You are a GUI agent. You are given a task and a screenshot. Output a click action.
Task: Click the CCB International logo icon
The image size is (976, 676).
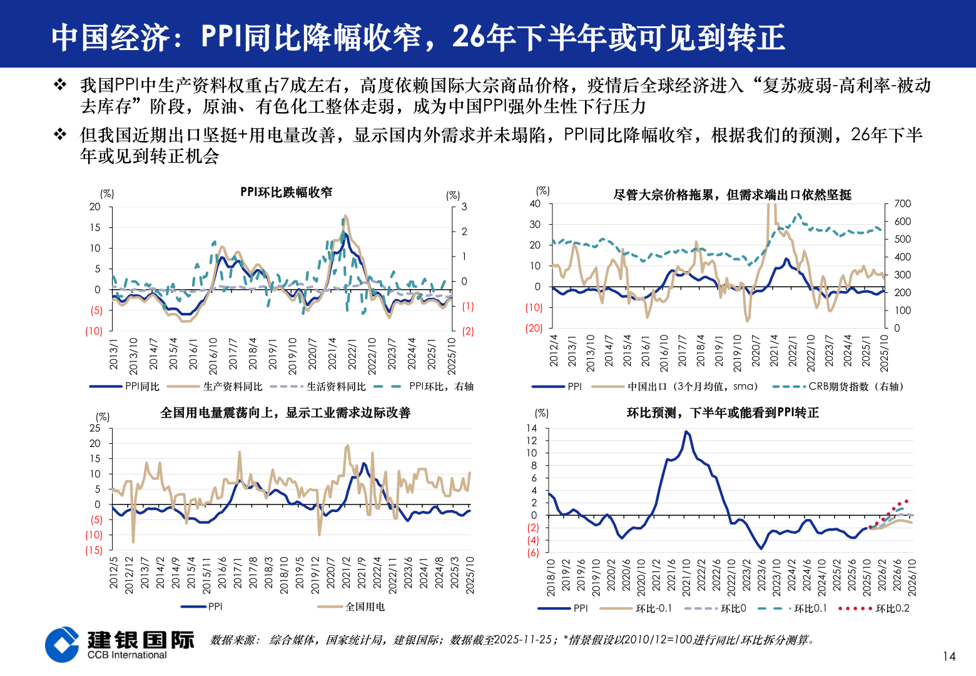click(x=62, y=644)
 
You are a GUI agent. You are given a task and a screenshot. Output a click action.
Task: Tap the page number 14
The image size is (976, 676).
click(x=948, y=656)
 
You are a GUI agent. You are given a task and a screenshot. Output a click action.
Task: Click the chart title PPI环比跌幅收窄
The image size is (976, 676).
click(x=287, y=192)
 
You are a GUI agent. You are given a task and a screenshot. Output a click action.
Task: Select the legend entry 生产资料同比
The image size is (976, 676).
click(x=233, y=387)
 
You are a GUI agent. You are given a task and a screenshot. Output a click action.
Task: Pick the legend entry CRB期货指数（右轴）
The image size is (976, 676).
click(x=855, y=387)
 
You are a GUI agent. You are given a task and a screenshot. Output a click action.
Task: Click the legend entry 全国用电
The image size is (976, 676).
click(x=365, y=607)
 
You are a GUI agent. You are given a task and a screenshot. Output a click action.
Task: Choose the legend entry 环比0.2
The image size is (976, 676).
click(x=892, y=608)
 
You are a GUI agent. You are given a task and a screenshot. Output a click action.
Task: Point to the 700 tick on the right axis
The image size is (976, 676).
click(x=902, y=203)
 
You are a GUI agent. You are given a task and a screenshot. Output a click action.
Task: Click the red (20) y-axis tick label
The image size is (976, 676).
click(x=534, y=328)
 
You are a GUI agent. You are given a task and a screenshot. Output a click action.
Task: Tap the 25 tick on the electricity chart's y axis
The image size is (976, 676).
click(x=95, y=428)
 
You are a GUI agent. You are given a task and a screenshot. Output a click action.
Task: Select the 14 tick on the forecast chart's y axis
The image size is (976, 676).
click(x=531, y=428)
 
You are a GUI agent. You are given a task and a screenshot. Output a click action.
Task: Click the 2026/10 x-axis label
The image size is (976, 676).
click(x=912, y=577)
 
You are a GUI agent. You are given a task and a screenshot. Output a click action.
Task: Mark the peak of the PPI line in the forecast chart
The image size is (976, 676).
click(x=686, y=431)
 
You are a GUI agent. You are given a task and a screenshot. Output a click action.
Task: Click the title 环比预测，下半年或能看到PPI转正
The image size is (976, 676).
click(x=723, y=413)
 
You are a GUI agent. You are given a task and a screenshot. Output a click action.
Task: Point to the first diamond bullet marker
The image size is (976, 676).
click(x=60, y=84)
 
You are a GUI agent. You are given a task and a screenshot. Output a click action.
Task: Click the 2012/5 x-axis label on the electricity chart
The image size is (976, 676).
click(x=114, y=573)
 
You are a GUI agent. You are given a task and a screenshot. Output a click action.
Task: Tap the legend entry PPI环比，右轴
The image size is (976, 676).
click(x=441, y=387)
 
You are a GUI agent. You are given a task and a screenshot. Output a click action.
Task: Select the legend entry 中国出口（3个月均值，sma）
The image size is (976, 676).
click(x=693, y=387)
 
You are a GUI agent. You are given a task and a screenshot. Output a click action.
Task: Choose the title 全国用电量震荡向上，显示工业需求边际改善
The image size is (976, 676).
click(x=285, y=413)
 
